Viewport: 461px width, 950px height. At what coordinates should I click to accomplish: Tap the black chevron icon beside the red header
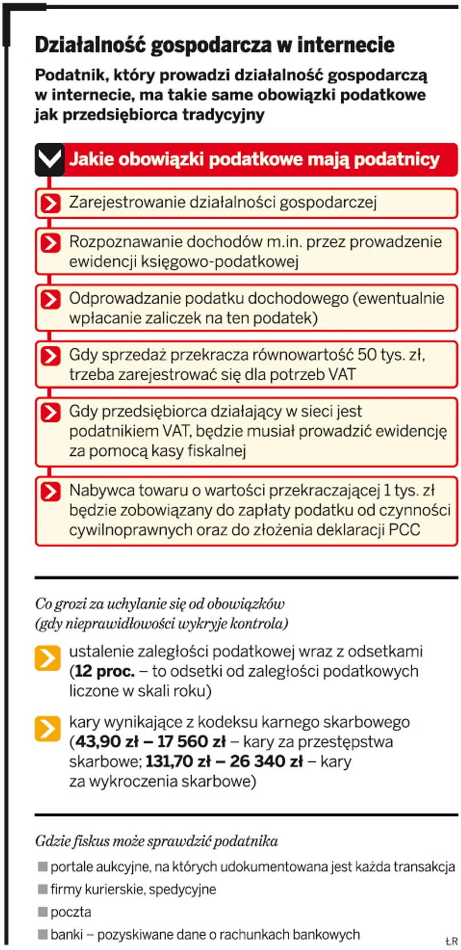click(x=49, y=159)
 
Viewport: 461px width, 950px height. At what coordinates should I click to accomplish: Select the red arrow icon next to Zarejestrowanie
click(x=50, y=203)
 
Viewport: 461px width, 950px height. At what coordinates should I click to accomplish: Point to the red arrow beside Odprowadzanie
click(x=50, y=299)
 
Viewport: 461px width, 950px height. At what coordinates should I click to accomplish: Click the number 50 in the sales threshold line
click(x=367, y=355)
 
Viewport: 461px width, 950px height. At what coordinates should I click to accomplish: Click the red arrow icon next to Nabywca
click(x=50, y=491)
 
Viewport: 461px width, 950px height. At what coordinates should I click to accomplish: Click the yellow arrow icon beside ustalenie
click(x=48, y=658)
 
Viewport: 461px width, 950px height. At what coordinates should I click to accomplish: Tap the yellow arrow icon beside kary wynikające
click(x=48, y=729)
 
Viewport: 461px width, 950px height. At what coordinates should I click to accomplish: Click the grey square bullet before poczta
click(x=42, y=911)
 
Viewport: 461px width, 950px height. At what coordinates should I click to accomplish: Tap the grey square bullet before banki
click(x=42, y=934)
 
